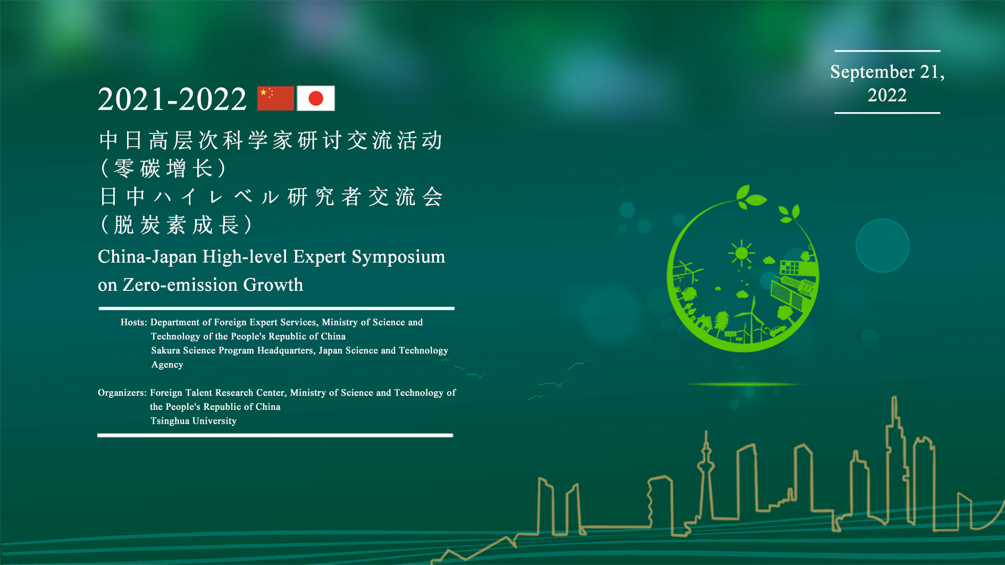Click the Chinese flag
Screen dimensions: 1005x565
(275, 98)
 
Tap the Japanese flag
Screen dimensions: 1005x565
(316, 98)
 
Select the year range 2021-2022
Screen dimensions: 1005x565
(172, 99)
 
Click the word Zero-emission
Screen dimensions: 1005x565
(180, 285)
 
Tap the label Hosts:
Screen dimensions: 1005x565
(133, 322)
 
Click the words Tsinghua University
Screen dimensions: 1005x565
(194, 421)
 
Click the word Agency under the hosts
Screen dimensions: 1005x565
(167, 365)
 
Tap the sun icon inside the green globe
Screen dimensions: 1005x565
(741, 253)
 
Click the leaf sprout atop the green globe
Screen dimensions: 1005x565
(751, 196)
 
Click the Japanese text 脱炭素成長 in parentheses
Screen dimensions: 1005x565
(177, 225)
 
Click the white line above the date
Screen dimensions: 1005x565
(887, 51)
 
